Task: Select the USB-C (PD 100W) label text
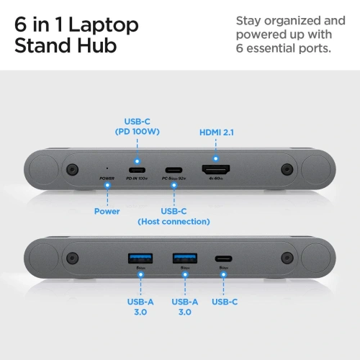(136, 126)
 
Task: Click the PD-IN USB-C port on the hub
(136, 170)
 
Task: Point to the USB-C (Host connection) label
(174, 216)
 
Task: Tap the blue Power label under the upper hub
(107, 211)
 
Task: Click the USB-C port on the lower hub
(224, 257)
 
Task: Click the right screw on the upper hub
(287, 170)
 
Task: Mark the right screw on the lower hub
(287, 257)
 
